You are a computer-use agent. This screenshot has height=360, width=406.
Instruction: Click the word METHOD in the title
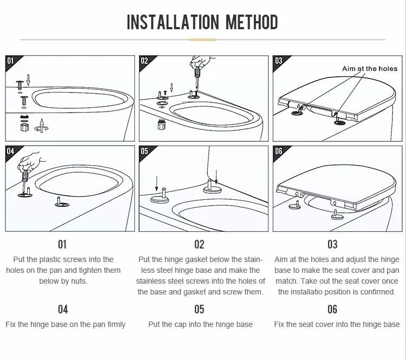(252, 22)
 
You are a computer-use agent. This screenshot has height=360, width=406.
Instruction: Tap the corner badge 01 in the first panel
(10, 61)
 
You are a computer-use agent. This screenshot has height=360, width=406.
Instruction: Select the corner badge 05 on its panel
(144, 151)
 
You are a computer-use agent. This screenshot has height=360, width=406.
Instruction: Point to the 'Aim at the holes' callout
(370, 69)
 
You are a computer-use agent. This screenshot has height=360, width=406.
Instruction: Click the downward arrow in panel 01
(28, 80)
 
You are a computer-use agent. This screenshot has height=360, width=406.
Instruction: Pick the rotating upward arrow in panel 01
(42, 126)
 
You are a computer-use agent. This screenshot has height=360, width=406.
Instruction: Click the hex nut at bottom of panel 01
(24, 127)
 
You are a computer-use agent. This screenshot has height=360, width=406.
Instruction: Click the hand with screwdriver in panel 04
(30, 162)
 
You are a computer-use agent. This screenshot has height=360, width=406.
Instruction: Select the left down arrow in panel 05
(156, 184)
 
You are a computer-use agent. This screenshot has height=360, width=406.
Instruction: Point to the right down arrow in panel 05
(216, 177)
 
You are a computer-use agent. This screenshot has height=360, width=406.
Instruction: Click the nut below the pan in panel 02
(161, 125)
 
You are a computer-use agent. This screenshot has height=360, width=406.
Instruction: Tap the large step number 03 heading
(332, 244)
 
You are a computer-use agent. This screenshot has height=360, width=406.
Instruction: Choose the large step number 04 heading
(63, 309)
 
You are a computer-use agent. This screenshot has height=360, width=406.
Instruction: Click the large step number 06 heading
(332, 309)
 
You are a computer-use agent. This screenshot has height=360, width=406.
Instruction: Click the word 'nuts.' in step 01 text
(79, 282)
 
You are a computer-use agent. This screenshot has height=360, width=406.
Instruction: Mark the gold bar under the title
(202, 40)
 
